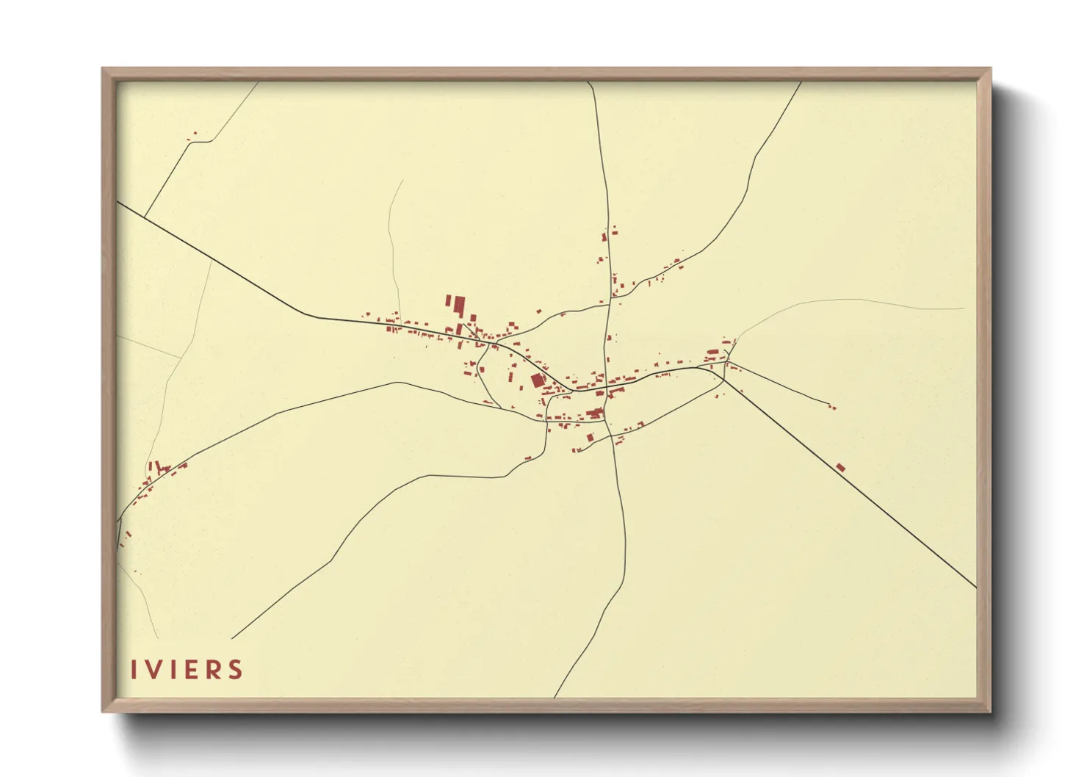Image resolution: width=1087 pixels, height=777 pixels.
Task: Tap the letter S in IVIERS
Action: click(235, 670)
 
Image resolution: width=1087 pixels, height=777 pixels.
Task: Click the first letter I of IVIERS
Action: click(134, 670)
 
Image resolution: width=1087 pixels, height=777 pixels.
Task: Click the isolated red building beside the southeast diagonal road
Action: click(840, 467)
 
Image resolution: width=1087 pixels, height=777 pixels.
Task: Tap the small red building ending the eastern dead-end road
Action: click(831, 406)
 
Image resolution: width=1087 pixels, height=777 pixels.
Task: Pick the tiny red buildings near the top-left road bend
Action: click(194, 135)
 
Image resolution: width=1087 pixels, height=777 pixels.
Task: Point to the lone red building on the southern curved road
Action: click(527, 459)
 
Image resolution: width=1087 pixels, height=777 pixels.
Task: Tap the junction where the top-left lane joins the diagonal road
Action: click(145, 217)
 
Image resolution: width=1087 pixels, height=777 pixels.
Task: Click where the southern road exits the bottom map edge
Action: click(555, 695)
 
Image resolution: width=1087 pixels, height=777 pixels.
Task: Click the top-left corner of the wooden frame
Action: click(103, 69)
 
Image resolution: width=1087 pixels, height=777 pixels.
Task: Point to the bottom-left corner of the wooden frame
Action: click(103, 711)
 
